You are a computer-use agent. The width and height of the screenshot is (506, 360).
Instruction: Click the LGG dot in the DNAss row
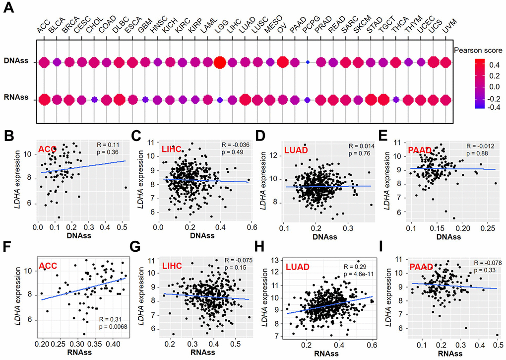[x=220, y=62]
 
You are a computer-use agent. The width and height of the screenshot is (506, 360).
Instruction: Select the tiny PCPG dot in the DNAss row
[x=308, y=62]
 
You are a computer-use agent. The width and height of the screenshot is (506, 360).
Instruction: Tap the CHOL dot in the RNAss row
[x=94, y=100]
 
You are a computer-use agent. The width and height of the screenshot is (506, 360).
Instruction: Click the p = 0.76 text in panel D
[x=351, y=153]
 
